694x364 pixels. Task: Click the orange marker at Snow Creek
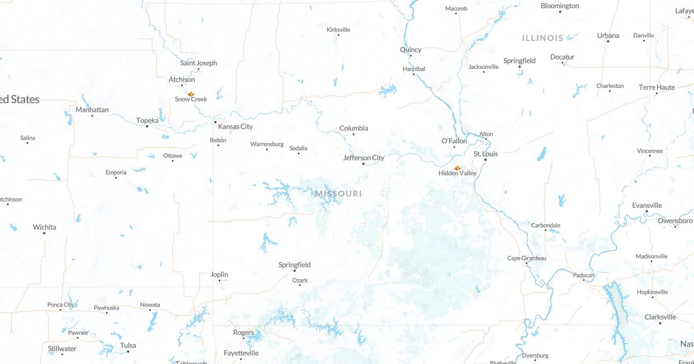point(191,94)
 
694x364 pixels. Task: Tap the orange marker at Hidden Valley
point(457,168)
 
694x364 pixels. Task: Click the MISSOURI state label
point(339,194)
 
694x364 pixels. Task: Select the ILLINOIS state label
point(542,38)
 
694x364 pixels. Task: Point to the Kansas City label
point(235,127)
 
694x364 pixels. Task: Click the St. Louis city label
point(486,154)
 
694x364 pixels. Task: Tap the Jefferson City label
point(364,158)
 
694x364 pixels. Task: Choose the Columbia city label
point(353,128)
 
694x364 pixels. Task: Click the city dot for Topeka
point(147,126)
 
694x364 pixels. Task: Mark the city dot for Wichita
point(44,233)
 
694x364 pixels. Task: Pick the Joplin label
point(219,274)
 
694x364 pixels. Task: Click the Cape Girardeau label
point(526,258)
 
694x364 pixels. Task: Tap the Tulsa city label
point(128,346)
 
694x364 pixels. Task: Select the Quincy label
point(411,50)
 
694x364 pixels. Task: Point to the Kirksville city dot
point(338,35)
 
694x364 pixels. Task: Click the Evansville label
point(647,205)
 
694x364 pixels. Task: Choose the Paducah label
point(584,275)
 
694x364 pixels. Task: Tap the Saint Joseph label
point(198,63)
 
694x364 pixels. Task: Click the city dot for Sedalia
point(298,154)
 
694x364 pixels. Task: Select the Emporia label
point(116,172)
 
